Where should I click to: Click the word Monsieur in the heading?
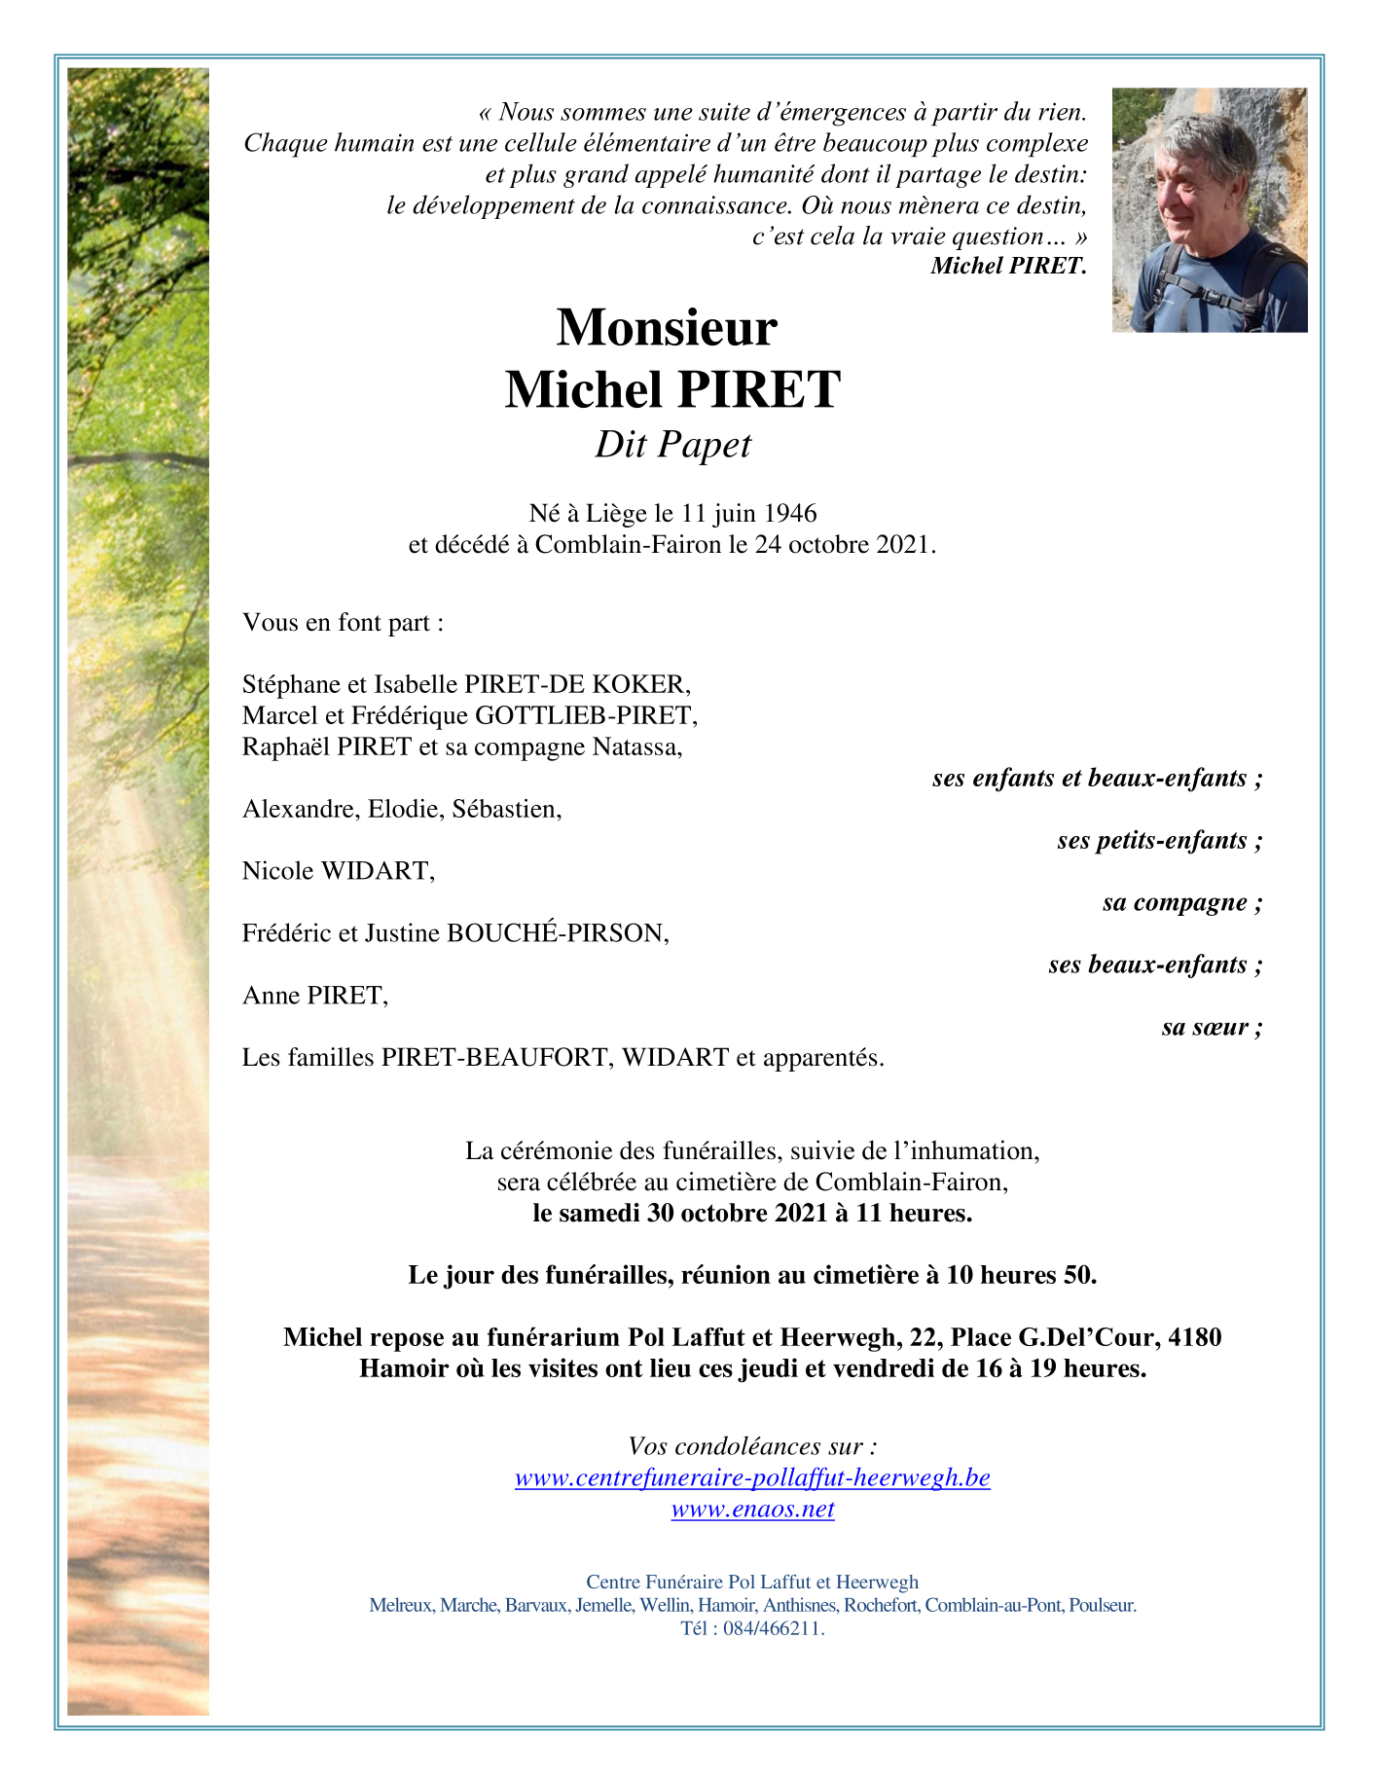[x=667, y=328]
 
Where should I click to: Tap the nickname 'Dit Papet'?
[x=672, y=445]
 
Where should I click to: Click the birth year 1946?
[x=790, y=513]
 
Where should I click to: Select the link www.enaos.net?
[x=752, y=1510]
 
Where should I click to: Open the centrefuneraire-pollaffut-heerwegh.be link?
[x=752, y=1478]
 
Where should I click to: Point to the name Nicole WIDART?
[x=338, y=871]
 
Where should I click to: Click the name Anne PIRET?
[x=314, y=996]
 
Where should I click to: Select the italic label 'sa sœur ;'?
[x=1212, y=1028]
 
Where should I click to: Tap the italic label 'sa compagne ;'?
[x=1182, y=903]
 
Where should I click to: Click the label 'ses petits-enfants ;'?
[x=1160, y=841]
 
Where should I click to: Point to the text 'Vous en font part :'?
[x=343, y=623]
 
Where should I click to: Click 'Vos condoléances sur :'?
[x=752, y=1446]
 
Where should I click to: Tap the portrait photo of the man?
[x=1210, y=210]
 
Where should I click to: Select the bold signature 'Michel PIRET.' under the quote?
[x=1008, y=266]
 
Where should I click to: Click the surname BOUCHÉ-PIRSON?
[x=557, y=934]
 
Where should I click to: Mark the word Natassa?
[x=637, y=747]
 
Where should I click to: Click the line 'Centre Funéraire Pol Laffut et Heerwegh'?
[x=752, y=1583]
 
